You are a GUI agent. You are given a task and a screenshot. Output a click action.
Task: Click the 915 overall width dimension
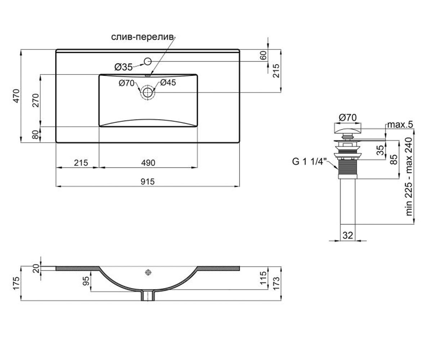pos(148,182)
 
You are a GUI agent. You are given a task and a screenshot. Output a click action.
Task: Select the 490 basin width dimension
pos(148,163)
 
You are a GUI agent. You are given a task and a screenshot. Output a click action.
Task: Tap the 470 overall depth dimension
pos(16,96)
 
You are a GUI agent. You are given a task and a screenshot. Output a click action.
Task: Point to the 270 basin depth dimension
pos(36,100)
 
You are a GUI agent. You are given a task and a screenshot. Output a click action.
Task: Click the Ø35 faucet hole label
pos(123,67)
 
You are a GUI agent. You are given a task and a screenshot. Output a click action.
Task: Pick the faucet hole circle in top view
pos(148,61)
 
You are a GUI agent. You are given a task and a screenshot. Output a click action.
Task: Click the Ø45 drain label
pos(168,83)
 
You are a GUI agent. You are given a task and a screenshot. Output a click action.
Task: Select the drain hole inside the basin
pos(148,92)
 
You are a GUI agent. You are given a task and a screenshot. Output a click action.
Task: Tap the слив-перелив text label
pos(143,37)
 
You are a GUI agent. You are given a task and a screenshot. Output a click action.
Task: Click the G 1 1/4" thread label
pos(309,161)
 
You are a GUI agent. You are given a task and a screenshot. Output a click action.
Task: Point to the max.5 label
pos(400,125)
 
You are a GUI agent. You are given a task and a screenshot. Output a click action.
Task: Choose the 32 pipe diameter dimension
pos(348,235)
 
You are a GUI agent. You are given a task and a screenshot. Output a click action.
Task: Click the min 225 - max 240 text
pos(409,176)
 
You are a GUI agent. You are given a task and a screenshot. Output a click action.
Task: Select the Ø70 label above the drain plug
pos(348,118)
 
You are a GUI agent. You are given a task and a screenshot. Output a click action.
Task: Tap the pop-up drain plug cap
pos(348,129)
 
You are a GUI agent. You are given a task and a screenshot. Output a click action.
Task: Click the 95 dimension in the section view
pos(86,281)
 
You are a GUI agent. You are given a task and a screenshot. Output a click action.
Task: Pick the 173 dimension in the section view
pos(276,283)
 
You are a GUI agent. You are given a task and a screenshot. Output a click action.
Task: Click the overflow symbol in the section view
pos(148,273)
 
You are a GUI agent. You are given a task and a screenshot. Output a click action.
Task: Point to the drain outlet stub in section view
pos(148,296)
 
